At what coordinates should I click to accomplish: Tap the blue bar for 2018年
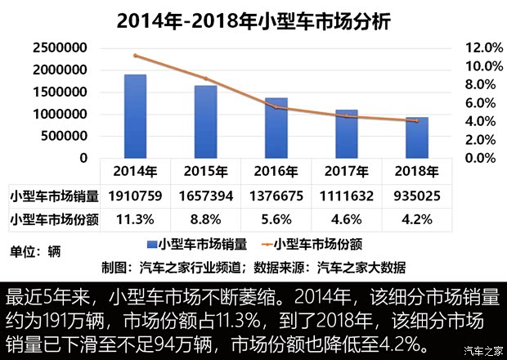coord(417,137)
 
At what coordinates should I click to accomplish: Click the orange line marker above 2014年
coord(136,56)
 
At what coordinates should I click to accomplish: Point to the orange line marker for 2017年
coord(347,116)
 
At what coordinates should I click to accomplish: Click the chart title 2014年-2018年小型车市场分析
coord(253,20)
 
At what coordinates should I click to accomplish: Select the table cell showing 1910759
coord(136,196)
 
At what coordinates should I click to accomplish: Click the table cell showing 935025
coord(417,196)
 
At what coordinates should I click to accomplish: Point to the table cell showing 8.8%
coord(206,219)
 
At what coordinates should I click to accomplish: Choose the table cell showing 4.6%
coord(347,219)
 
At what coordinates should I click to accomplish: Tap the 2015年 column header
coord(206,171)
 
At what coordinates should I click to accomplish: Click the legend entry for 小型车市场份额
coord(319,243)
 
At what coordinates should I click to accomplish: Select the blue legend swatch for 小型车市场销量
coord(151,244)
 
